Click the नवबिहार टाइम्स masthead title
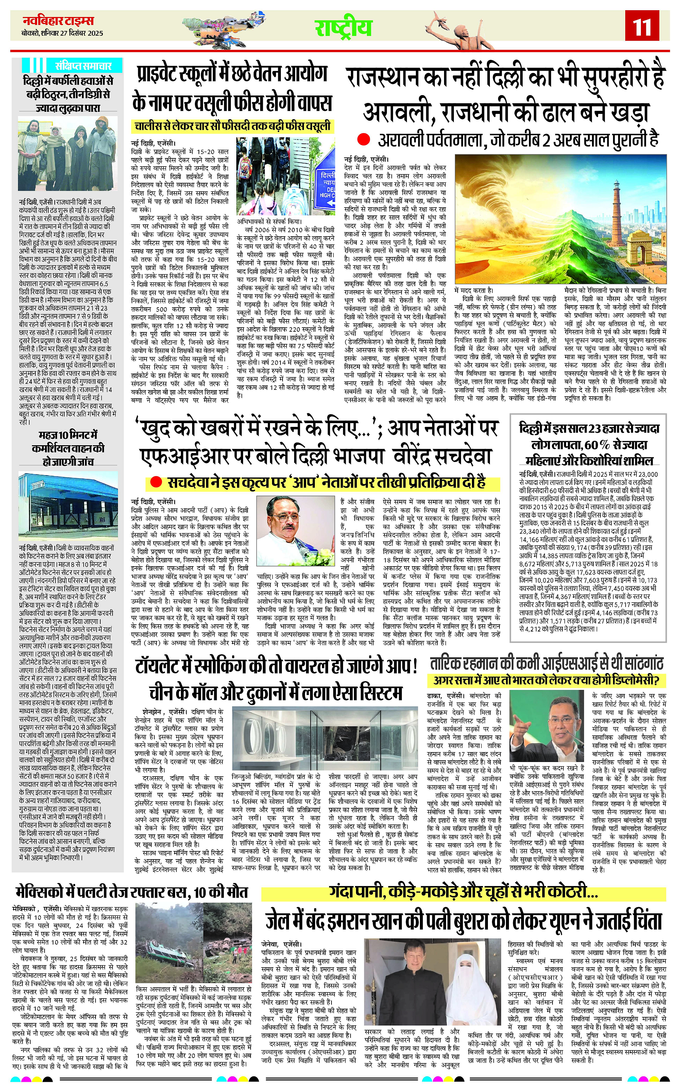58,21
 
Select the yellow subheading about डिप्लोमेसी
546,681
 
